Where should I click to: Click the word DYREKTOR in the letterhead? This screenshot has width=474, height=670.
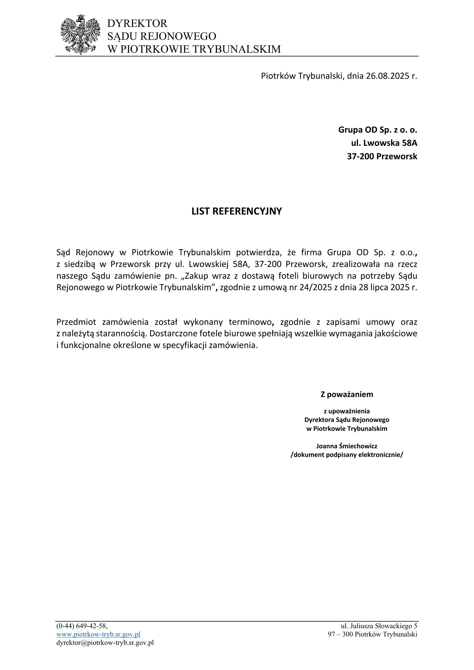pos(138,23)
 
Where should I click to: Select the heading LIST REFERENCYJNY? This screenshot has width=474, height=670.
pos(237,211)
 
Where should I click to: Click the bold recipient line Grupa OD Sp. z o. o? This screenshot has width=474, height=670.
pos(378,129)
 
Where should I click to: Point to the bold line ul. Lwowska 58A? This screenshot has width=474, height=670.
pos(384,143)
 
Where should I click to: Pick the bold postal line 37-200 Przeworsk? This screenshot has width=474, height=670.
pos(382,156)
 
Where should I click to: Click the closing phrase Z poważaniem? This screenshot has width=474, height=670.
pos(347,394)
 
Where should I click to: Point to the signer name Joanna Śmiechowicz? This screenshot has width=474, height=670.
pos(347,446)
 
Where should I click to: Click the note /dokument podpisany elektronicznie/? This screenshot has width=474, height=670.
pos(347,455)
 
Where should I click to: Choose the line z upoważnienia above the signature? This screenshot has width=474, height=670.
pos(347,411)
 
